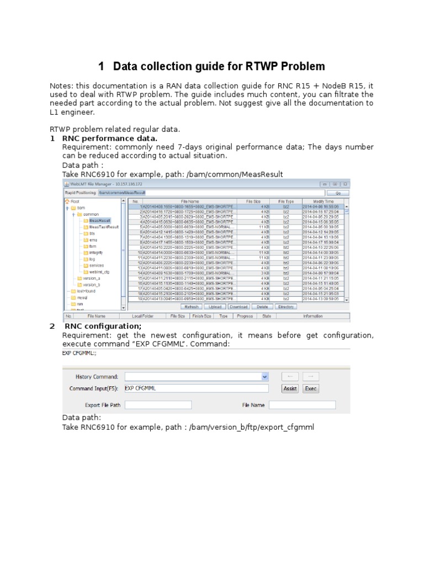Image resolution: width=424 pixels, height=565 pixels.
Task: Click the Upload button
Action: point(215,307)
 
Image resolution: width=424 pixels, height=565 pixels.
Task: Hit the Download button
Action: point(239,307)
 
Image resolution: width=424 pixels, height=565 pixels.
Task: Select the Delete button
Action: point(262,307)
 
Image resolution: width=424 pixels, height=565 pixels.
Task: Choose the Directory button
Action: point(285,307)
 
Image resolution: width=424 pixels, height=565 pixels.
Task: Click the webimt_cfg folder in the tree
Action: point(99,271)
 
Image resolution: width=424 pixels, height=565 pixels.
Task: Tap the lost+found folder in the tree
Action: point(86,291)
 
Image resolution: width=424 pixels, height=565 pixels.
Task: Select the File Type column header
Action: point(286,201)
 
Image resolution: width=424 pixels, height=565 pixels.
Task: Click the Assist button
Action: point(290,388)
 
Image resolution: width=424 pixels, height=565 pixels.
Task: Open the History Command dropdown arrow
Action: point(264,376)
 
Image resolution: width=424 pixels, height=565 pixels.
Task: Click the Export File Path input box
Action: point(158,405)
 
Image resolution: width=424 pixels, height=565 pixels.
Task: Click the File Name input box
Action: point(302,405)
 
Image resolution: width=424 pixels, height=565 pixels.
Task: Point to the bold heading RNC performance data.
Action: point(109,138)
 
